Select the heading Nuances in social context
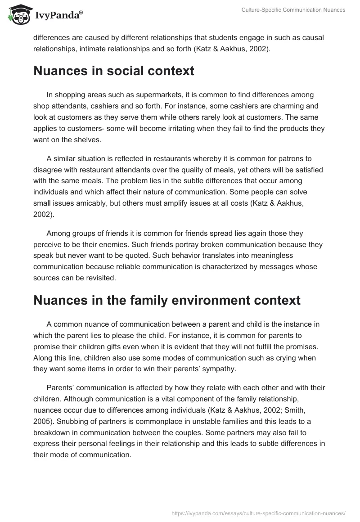point(114,71)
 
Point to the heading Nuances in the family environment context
point(166,301)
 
